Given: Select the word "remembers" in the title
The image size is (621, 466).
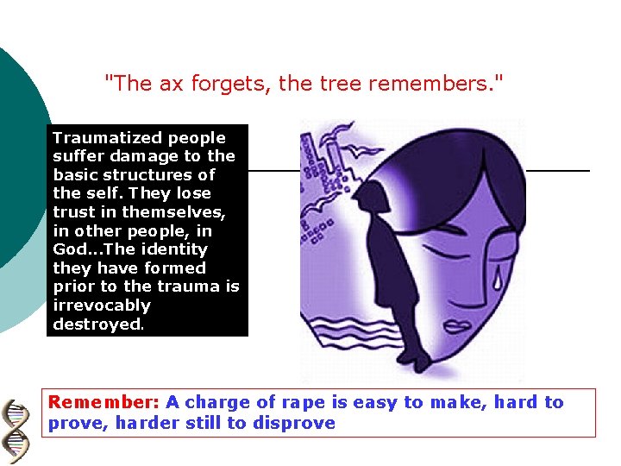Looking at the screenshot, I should (446, 84).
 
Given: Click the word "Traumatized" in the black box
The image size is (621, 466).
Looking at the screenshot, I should (108, 138).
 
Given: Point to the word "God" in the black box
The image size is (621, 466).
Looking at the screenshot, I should (71, 249).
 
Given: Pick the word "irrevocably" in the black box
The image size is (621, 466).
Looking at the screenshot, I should (102, 305).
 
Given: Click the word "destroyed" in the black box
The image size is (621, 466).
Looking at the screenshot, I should (96, 324).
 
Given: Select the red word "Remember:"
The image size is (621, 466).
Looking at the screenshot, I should (104, 402).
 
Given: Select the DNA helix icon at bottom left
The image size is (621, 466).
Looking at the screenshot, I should (16, 432).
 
